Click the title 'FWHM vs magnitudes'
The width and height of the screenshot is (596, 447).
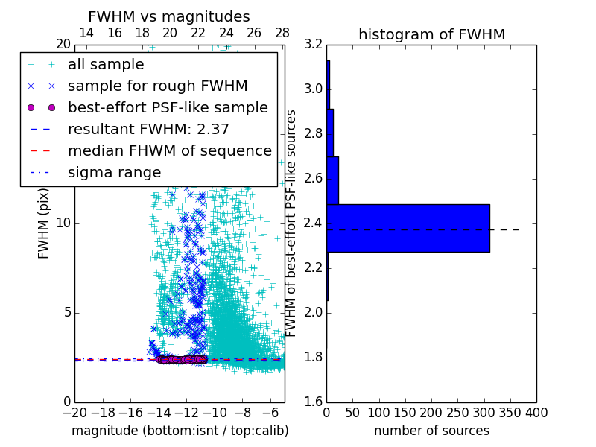pyautogui.click(x=169, y=16)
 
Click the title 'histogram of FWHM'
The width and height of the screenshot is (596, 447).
pyautogui.click(x=431, y=34)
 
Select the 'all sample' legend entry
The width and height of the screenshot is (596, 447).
pyautogui.click(x=106, y=65)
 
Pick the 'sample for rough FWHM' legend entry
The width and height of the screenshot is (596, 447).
pyautogui.click(x=157, y=86)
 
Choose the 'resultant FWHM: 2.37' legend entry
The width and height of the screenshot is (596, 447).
pyautogui.click(x=148, y=129)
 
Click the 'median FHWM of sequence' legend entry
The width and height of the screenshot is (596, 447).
pyautogui.click(x=169, y=150)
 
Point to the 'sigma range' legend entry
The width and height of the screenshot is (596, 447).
pyautogui.click(x=114, y=172)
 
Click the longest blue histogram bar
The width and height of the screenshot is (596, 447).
pyautogui.click(x=408, y=228)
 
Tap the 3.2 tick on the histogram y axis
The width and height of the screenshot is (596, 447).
pyautogui.click(x=313, y=44)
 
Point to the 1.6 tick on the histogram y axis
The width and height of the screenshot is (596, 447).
pyautogui.click(x=313, y=402)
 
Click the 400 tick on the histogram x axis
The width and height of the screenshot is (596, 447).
pyautogui.click(x=536, y=412)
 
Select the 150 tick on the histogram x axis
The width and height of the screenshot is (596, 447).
pyautogui.click(x=405, y=412)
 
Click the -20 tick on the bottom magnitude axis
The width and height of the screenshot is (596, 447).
pyautogui.click(x=74, y=412)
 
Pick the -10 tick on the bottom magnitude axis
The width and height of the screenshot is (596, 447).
pyautogui.click(x=215, y=412)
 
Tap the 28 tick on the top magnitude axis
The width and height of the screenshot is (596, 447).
pyautogui.click(x=282, y=33)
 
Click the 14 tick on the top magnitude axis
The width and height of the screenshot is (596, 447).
pyautogui.click(x=86, y=33)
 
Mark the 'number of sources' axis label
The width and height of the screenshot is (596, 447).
pyautogui.click(x=431, y=431)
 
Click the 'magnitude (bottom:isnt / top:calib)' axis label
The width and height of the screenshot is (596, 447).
pyautogui.click(x=180, y=431)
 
